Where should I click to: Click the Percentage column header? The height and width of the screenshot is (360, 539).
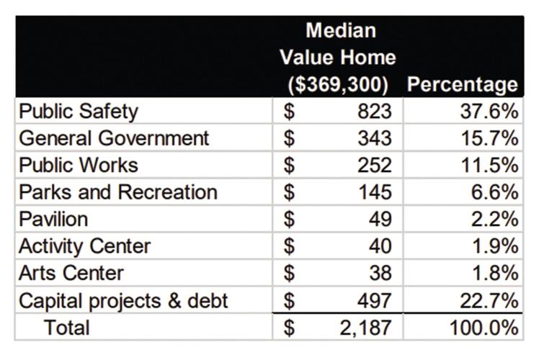pos(462,84)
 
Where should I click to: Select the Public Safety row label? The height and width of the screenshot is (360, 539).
pos(78,112)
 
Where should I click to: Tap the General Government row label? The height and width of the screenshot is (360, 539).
pos(114,138)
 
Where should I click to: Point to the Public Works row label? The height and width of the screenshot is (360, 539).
pos(78,165)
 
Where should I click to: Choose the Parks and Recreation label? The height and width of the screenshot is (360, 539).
pos(118,192)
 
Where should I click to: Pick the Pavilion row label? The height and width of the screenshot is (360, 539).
pos(53,219)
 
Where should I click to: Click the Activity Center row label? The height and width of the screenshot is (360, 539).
pos(84,246)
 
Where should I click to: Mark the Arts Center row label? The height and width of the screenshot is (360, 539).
pos(71,273)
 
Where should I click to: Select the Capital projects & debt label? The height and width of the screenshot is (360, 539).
pos(123,300)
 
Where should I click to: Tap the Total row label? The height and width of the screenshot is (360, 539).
pos(67,328)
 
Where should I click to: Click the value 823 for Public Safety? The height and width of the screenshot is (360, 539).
pos(375,112)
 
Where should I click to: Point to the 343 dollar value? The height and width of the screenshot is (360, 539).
pos(375,138)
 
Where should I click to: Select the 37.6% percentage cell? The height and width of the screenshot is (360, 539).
pos(489,112)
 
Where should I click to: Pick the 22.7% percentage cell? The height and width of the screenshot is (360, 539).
pos(489,300)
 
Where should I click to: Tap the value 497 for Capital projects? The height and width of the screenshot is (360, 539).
pos(375,300)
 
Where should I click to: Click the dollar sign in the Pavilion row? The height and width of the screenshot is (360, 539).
pos(289,219)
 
